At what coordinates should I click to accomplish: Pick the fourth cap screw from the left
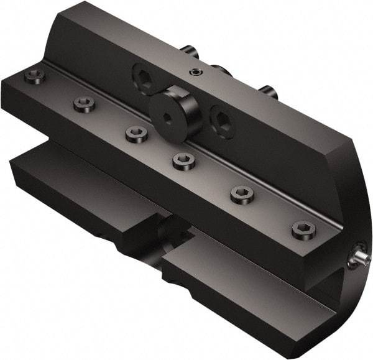183,161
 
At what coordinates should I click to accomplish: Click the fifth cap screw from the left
241,195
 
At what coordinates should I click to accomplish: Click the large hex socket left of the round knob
144,80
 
